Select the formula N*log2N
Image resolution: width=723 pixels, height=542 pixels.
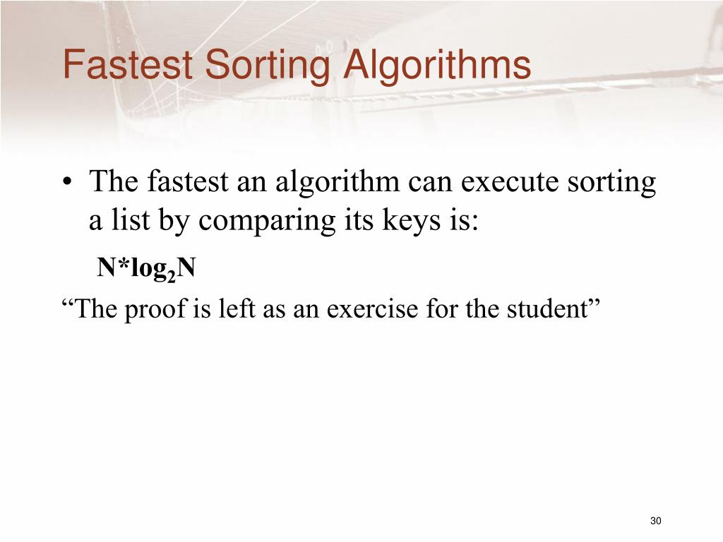[146, 268]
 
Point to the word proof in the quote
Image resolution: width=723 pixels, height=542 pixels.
[156, 309]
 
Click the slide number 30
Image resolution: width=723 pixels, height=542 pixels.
[655, 521]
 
